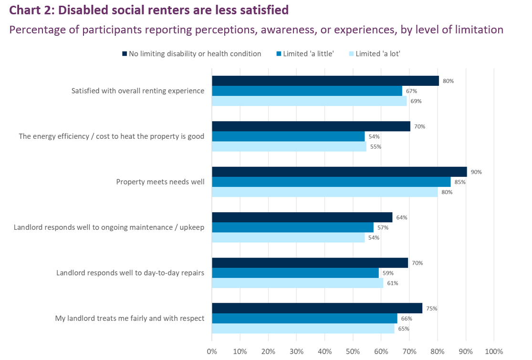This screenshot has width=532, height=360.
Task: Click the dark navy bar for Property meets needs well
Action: tap(339, 172)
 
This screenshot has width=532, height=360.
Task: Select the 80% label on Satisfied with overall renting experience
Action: tap(448, 81)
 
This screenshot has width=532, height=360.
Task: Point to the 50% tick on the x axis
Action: tap(353, 351)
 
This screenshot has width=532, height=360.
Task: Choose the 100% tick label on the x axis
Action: tap(493, 351)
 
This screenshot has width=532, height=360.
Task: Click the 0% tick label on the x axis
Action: tap(212, 351)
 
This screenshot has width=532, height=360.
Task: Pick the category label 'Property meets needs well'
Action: tap(160, 182)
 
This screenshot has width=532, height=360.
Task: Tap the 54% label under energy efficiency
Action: tap(374, 136)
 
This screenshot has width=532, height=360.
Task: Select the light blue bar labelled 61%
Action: tap(297, 283)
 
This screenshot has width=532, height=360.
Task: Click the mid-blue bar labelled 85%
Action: tap(331, 182)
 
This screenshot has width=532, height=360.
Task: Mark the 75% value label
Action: tap(431, 309)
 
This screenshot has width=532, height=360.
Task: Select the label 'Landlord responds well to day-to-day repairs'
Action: tap(130, 273)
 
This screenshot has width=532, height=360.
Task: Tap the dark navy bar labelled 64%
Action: tap(302, 217)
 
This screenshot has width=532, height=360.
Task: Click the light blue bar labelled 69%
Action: tap(309, 101)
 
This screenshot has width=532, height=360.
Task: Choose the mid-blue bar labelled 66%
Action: tap(304, 319)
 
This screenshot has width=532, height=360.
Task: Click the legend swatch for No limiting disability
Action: tap(125, 54)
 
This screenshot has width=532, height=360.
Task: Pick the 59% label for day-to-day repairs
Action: tap(387, 273)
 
